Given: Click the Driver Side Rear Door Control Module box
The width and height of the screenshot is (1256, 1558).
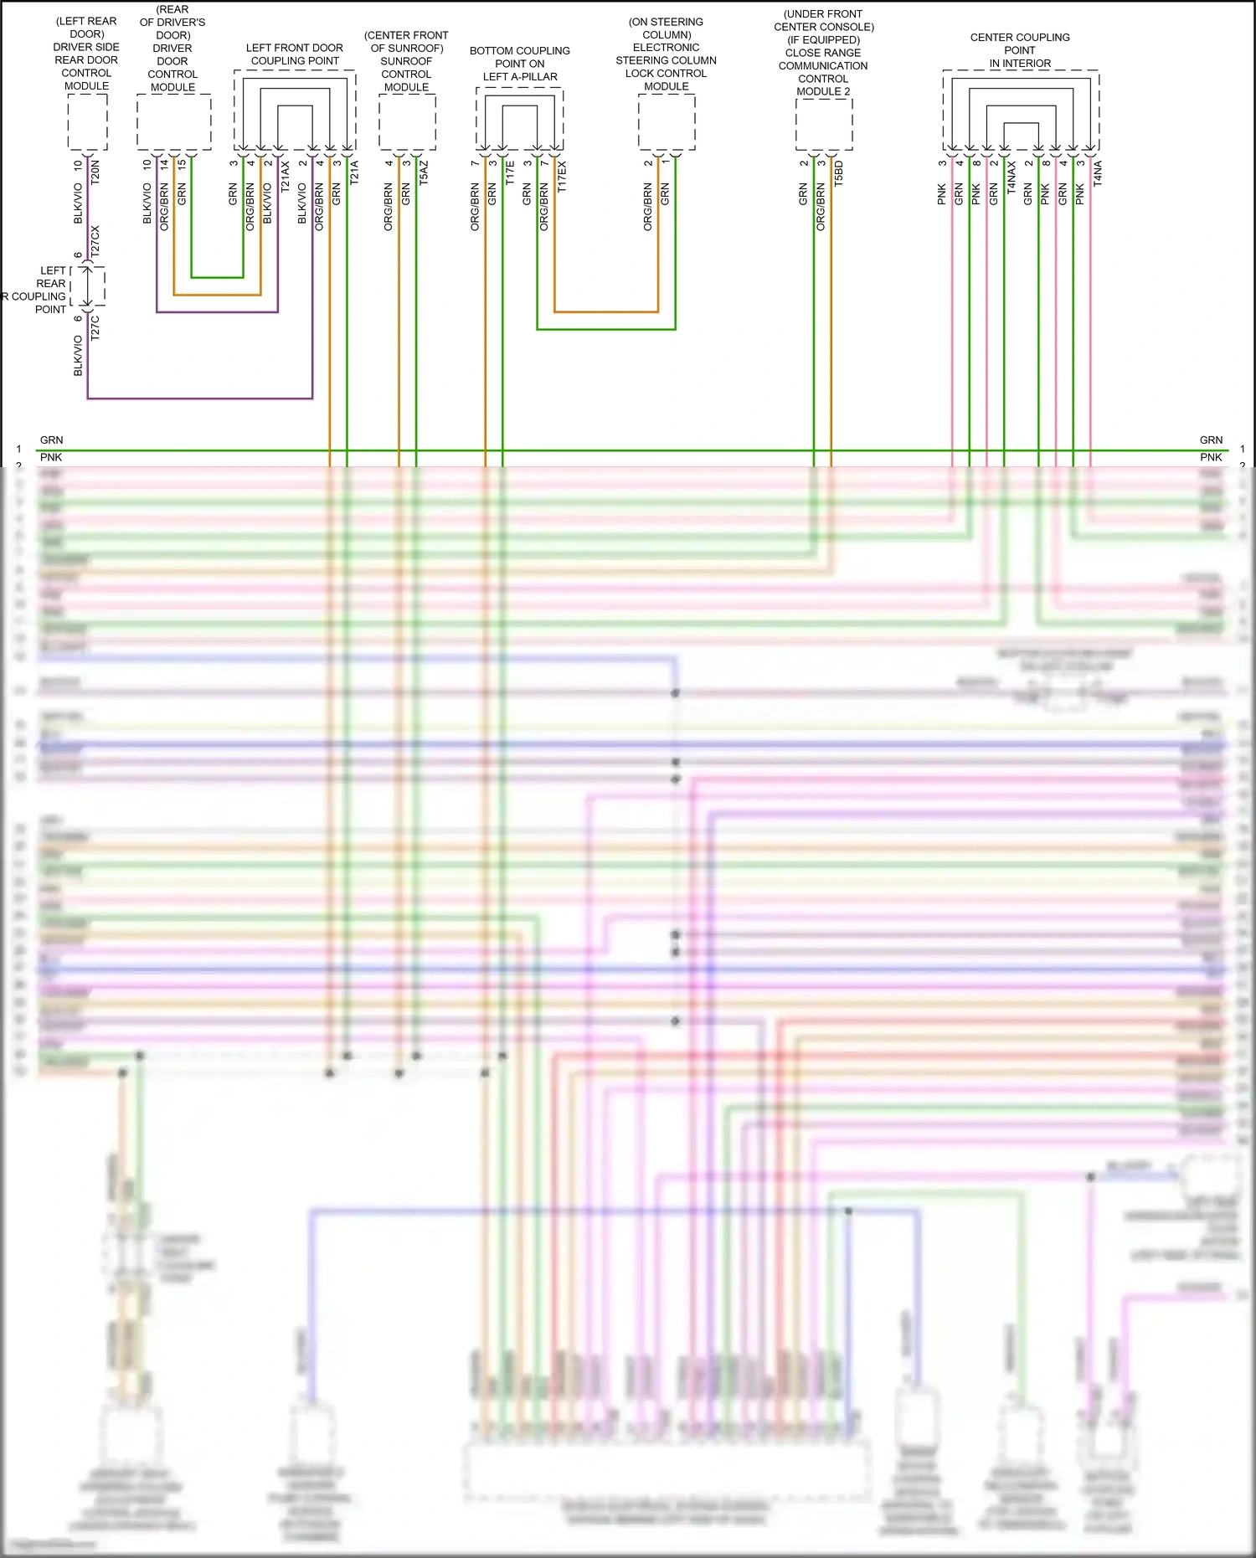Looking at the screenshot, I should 87,122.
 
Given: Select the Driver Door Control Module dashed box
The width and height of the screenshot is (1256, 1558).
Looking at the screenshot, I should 173,122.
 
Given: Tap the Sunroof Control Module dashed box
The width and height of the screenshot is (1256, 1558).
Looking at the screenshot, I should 407,122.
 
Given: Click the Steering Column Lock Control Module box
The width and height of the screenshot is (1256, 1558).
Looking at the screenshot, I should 667,122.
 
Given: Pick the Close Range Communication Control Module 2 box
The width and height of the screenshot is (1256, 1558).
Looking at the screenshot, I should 823,125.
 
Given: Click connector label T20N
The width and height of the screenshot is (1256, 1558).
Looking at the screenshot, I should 95,172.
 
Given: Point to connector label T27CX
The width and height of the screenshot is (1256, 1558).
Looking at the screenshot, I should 95,240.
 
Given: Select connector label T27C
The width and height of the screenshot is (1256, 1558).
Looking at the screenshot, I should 95,327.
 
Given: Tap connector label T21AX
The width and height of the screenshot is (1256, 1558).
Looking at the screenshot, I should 286,177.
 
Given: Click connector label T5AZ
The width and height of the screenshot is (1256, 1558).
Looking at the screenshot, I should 424,172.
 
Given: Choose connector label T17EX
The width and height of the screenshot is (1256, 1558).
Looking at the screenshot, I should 562,177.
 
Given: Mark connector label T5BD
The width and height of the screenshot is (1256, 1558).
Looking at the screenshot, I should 839,172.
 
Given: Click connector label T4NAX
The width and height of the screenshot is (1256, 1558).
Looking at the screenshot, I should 1011,177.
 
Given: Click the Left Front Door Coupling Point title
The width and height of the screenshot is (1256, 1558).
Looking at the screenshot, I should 295,54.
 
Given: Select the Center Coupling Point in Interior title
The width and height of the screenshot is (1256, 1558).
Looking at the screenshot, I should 1020,50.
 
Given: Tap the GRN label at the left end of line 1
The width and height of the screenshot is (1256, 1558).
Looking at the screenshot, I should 51,440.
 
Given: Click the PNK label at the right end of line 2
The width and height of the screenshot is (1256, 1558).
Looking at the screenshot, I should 1211,457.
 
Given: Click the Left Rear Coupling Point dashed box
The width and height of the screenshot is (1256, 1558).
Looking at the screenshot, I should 88,286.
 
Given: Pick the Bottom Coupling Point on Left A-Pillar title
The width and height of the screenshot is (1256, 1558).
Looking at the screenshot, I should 520,64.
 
